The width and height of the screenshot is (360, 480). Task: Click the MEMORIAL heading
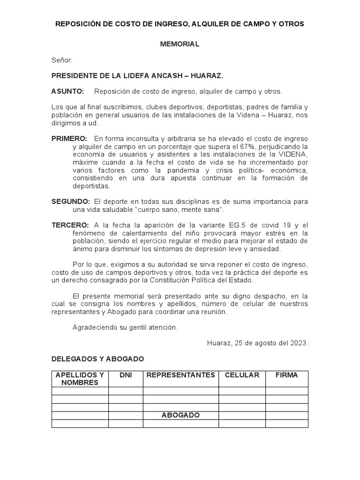[180, 44]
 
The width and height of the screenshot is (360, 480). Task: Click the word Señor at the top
[61, 60]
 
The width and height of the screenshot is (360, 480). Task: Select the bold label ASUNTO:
[67, 91]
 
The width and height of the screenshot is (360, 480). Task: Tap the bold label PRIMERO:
[69, 139]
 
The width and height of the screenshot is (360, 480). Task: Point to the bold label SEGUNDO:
[70, 202]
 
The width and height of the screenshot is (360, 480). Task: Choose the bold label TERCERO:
[70, 225]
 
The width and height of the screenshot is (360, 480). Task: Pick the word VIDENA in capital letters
[294, 154]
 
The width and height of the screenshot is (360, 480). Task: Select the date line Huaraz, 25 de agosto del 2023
[257, 343]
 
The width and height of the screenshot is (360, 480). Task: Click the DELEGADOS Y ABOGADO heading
[97, 359]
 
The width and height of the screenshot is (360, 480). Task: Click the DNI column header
[126, 375]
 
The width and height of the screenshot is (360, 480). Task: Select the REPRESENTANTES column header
[180, 375]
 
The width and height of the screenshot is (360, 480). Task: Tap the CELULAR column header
[242, 375]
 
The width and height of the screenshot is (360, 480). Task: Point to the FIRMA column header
[286, 375]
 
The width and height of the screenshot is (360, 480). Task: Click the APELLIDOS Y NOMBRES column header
[80, 379]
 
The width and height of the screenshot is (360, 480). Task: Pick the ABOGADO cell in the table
[180, 415]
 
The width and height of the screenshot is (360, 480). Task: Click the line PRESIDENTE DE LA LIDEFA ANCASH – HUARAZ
[137, 75]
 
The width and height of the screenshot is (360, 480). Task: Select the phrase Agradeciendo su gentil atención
[125, 327]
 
